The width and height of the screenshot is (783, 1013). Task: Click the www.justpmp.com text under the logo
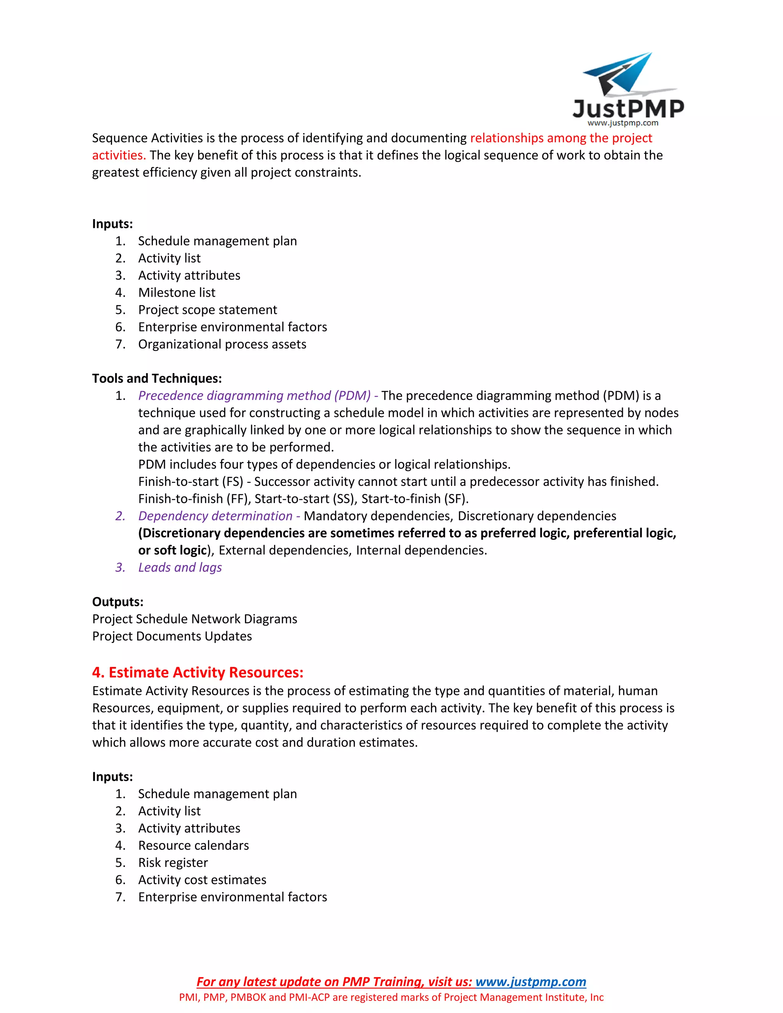[x=622, y=123]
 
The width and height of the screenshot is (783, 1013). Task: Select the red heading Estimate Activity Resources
[x=198, y=672]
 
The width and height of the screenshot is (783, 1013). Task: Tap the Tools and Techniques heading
[x=157, y=378]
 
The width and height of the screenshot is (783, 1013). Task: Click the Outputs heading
[x=118, y=602]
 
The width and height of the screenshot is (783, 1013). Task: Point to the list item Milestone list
[x=177, y=293]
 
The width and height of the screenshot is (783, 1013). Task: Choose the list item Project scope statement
[x=207, y=310]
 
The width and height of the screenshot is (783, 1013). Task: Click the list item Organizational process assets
[x=222, y=344]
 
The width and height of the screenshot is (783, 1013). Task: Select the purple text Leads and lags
[x=180, y=567]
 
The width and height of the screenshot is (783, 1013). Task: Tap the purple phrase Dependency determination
[x=215, y=516]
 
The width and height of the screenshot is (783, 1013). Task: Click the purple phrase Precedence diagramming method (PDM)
[x=254, y=396]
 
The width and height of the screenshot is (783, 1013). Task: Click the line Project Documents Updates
[x=172, y=636]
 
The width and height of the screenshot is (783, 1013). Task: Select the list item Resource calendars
[x=193, y=845]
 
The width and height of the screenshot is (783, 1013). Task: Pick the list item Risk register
[x=173, y=862]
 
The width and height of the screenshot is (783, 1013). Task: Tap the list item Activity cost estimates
[x=202, y=880]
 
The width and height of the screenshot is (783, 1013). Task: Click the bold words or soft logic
[x=172, y=550]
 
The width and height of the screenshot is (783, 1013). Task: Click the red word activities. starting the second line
[x=119, y=155]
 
